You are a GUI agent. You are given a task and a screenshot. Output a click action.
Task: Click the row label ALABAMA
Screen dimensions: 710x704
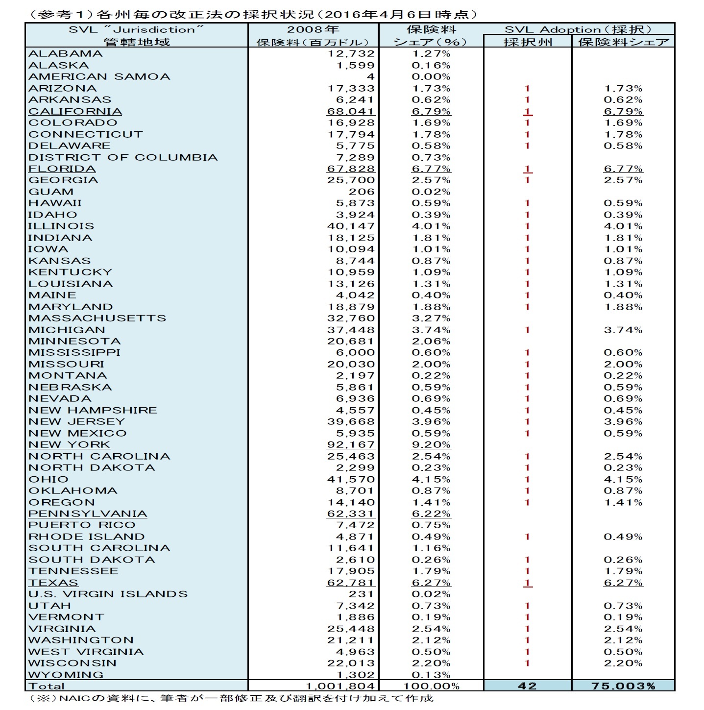click(x=65, y=53)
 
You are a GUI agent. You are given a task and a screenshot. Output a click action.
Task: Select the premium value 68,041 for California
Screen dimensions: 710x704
click(x=350, y=111)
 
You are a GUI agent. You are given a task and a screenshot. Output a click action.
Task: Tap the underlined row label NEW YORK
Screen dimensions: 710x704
click(x=69, y=444)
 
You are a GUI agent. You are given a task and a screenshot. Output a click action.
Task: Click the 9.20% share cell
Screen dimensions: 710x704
click(x=431, y=444)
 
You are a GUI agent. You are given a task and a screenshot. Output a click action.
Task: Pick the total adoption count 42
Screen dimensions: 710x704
click(x=527, y=686)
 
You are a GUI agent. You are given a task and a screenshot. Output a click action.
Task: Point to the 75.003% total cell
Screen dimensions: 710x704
click(x=623, y=686)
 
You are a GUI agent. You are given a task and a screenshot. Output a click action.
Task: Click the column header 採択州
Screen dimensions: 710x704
click(x=527, y=42)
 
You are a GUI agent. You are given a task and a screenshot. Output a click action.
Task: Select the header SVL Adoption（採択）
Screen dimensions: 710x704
click(x=578, y=29)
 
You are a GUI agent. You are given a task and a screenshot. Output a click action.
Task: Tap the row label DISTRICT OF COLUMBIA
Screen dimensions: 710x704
click(x=122, y=157)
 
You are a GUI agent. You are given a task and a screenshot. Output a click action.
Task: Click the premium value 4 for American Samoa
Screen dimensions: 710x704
click(x=370, y=76)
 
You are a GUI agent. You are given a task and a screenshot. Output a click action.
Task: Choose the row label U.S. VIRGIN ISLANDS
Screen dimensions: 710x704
click(x=108, y=594)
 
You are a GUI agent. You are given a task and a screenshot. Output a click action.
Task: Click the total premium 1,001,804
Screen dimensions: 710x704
click(x=340, y=686)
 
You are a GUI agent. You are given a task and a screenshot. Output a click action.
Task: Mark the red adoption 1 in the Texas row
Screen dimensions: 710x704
click(x=527, y=583)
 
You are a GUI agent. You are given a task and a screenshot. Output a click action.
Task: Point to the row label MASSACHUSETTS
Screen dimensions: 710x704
click(x=97, y=318)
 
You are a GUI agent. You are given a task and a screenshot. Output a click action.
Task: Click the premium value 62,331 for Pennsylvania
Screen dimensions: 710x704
click(x=350, y=514)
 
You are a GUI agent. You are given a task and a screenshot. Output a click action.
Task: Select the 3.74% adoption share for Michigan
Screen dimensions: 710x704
click(x=623, y=330)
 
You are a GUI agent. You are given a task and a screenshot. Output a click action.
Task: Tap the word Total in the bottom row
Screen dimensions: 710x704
click(x=46, y=686)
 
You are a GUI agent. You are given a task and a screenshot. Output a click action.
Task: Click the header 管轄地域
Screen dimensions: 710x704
click(x=137, y=42)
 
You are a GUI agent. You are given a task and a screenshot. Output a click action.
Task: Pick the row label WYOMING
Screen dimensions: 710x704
click(x=66, y=674)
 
